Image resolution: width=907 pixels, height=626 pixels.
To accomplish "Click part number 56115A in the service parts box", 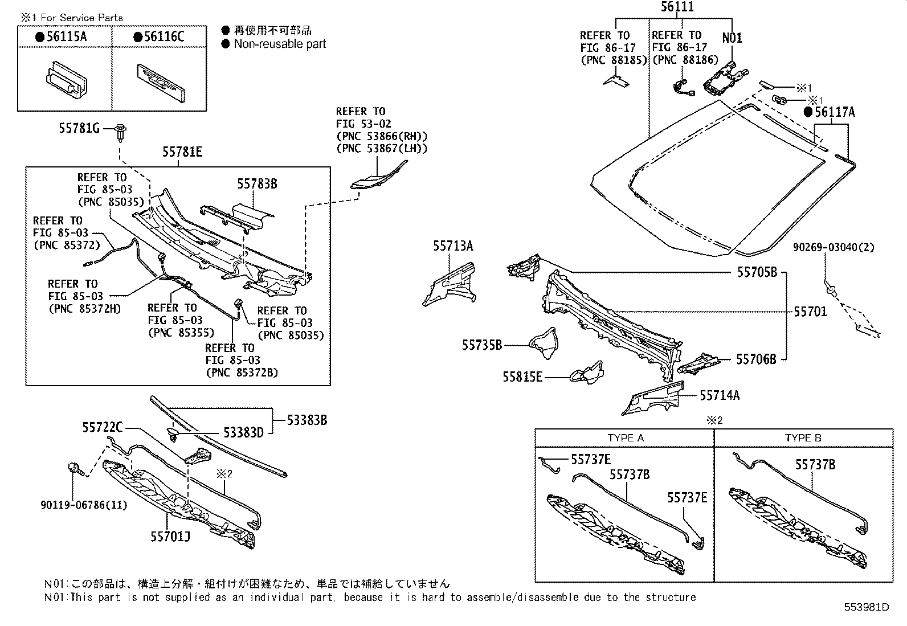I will click(66, 37).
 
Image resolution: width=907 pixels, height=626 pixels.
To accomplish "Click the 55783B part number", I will click(257, 183).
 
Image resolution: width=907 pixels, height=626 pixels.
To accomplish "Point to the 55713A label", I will click(452, 246).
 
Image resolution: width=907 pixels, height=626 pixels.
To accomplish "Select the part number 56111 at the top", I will click(677, 7).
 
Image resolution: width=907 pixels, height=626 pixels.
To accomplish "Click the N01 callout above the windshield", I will click(732, 38).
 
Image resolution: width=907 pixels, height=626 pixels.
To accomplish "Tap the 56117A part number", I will click(834, 112).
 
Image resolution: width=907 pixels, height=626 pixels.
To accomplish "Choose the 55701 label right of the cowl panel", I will click(810, 312).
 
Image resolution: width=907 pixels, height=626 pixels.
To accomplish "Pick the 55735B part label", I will click(482, 345).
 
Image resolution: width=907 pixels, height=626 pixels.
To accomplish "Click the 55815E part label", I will click(522, 377).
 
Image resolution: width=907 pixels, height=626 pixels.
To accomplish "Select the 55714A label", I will click(719, 395).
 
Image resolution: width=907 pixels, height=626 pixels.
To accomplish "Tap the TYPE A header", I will click(625, 438).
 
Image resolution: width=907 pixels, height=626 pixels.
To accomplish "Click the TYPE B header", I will click(803, 438).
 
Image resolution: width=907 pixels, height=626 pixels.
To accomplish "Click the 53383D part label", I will click(243, 433).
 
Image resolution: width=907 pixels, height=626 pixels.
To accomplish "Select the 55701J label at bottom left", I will click(171, 537).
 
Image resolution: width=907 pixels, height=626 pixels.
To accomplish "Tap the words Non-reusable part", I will click(279, 44).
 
